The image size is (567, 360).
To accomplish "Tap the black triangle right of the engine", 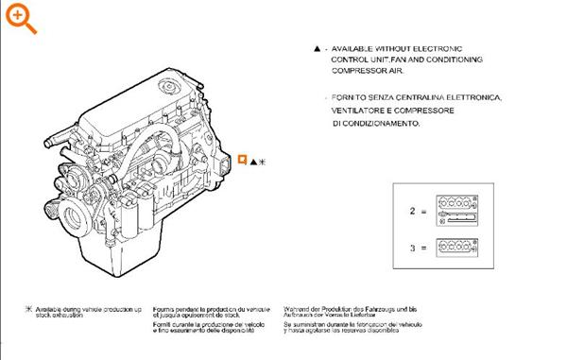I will (252, 162).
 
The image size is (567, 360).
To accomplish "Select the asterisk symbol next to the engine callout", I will (263, 162).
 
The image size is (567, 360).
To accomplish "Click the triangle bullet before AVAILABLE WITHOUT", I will (317, 46).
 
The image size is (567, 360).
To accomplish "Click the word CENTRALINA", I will (421, 97).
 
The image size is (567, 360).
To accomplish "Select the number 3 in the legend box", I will (411, 248).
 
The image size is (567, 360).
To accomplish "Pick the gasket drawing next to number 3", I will (459, 248).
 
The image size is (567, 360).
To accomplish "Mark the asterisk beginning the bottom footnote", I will (28, 310).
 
